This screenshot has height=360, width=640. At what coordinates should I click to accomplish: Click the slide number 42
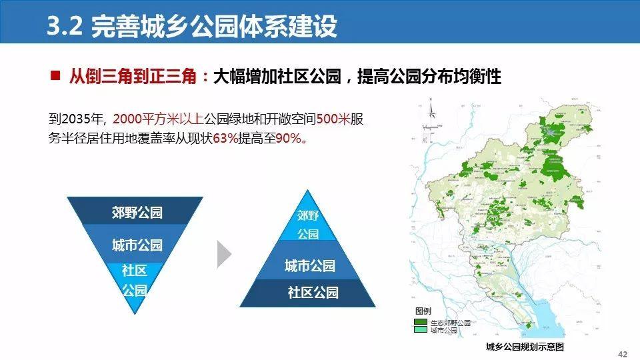623,354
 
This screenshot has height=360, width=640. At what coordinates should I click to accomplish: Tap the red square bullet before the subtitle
55,75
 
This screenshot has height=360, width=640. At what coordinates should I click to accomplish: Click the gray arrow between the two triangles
224,254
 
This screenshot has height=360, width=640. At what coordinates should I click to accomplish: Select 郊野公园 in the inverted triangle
137,212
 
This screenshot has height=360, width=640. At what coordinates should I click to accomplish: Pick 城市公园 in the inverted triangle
137,245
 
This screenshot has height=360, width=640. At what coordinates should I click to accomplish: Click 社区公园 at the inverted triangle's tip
134,280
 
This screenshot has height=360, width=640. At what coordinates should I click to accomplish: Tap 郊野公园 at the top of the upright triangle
308,225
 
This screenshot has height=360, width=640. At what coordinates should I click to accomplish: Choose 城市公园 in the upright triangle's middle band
310,266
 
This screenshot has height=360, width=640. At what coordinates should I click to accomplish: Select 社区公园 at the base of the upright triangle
313,292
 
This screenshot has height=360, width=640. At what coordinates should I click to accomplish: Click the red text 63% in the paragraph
225,139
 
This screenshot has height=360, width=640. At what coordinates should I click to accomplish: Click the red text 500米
333,119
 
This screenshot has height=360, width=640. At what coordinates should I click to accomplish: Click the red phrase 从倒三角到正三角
133,76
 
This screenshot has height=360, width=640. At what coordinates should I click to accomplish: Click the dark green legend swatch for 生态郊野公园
421,322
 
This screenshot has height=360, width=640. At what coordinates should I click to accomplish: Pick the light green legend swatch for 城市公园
421,329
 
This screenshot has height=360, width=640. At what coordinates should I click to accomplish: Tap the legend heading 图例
423,311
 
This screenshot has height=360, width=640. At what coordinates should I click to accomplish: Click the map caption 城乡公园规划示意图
525,347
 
